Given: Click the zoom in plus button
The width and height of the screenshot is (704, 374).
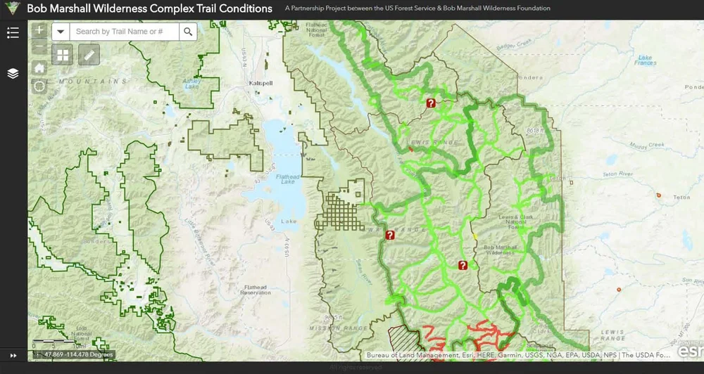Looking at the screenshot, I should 39,30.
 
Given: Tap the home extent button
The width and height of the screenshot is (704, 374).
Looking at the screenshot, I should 39,67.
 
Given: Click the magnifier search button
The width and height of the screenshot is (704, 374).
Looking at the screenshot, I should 187,32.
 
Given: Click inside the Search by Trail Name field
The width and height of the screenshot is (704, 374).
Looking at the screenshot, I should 124,32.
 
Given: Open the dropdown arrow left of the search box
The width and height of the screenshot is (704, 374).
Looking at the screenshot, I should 61,32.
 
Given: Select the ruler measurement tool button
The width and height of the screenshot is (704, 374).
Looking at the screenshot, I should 89,54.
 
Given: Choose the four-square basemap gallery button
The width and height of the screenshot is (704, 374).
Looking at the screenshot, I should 63,54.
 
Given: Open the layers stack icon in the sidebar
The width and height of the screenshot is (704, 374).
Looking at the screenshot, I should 13,73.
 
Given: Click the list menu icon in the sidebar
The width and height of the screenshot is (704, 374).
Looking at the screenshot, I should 13,32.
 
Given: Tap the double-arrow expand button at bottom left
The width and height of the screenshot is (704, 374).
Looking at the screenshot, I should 13,355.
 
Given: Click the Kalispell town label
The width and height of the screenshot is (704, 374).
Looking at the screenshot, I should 260,83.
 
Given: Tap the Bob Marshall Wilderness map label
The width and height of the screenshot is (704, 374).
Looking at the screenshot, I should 497,250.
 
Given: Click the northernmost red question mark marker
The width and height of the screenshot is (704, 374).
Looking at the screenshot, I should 431,103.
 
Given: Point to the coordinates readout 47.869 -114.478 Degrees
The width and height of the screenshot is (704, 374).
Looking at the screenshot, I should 77,354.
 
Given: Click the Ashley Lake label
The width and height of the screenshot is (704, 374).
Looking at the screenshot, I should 191,83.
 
